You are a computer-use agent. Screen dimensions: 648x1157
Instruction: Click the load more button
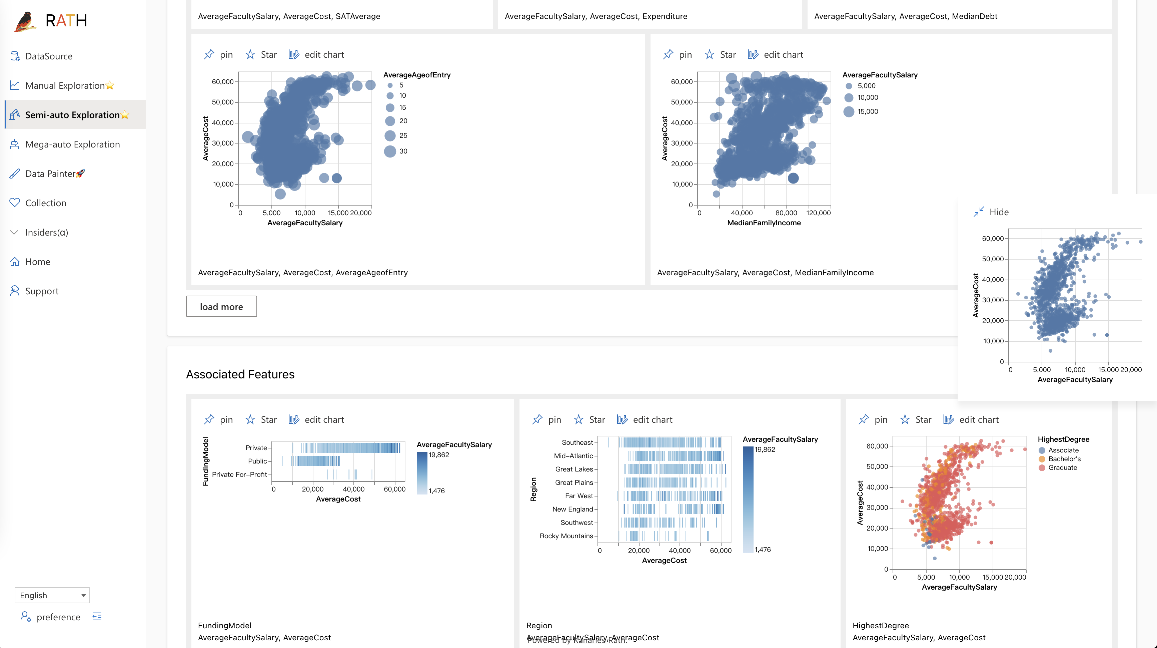pyautogui.click(x=221, y=306)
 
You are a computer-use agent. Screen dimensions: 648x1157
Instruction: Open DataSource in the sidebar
pyautogui.click(x=48, y=56)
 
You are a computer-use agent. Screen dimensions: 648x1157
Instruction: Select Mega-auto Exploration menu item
pyautogui.click(x=72, y=144)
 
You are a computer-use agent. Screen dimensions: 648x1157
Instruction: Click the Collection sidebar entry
pyautogui.click(x=45, y=203)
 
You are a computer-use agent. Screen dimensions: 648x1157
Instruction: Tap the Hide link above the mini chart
pyautogui.click(x=998, y=212)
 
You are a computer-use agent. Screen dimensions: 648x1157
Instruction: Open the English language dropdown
pyautogui.click(x=52, y=595)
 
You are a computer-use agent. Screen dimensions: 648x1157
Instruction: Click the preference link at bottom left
pyautogui.click(x=58, y=617)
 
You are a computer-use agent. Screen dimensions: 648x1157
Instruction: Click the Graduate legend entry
pyautogui.click(x=1062, y=467)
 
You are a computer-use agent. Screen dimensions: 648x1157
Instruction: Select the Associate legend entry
pyautogui.click(x=1063, y=450)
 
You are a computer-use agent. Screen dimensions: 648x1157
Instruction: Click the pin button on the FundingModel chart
pyautogui.click(x=219, y=419)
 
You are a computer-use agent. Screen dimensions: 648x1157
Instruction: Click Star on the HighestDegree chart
pyautogui.click(x=916, y=419)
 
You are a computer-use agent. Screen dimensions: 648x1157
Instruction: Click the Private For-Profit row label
pyautogui.click(x=239, y=474)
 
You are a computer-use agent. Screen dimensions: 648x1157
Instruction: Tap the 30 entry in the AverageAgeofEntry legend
pyautogui.click(x=402, y=151)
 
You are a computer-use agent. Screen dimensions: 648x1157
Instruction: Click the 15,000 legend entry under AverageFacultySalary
pyautogui.click(x=867, y=111)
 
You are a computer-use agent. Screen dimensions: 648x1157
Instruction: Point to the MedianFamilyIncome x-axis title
pyautogui.click(x=764, y=223)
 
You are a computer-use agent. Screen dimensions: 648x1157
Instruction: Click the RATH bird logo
pyautogui.click(x=25, y=21)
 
